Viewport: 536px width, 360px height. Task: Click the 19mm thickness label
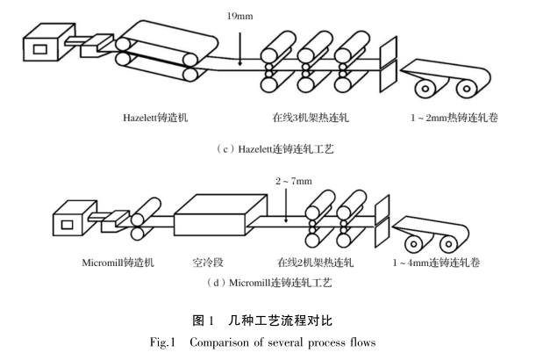tap(238, 16)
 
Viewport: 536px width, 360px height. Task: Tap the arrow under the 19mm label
tap(239, 44)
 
